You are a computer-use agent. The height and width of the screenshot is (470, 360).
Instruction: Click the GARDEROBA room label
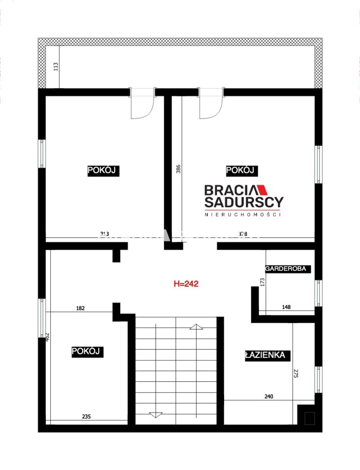pos(286,269)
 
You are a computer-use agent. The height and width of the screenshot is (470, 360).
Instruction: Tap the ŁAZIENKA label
pos(265,355)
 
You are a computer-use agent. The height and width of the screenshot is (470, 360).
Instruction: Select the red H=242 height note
pos(186,283)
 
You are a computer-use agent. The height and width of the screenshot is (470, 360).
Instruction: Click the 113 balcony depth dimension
pos(56,67)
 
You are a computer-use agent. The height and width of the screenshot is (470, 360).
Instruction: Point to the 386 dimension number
pos(178,169)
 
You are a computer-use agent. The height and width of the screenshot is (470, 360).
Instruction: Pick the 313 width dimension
pos(104,234)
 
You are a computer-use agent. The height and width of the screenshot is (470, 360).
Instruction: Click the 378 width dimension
pos(243,234)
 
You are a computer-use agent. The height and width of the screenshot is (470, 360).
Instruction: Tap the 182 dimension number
pos(80,308)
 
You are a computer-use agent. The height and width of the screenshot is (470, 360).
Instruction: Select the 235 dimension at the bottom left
pos(86,416)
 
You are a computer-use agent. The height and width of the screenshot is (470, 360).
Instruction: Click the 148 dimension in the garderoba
pos(286,307)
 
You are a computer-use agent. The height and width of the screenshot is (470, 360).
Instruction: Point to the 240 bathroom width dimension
pos(269,396)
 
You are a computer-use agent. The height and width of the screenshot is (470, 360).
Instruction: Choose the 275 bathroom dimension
pos(295,373)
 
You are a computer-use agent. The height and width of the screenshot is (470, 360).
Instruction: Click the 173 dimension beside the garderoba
pos(262,282)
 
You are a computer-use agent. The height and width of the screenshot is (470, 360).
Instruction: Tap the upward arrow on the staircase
pos(196,327)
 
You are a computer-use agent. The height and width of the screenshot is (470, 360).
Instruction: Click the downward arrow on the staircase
pos(156,415)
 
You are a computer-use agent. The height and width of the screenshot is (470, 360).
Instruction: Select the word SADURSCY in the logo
pos(244,202)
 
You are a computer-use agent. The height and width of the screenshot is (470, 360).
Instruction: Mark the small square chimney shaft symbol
pos(310,418)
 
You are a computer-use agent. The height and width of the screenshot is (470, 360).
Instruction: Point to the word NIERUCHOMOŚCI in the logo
pos(243,214)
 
